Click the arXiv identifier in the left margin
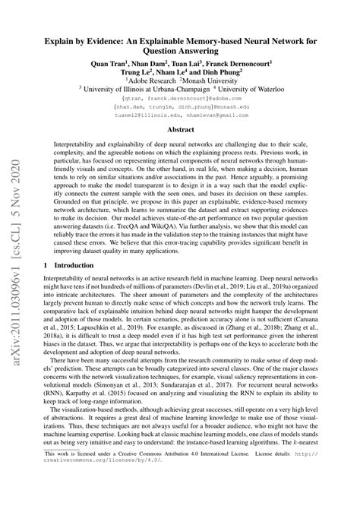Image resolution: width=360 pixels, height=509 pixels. (16, 251)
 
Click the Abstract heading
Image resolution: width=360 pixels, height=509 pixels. (179, 144)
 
